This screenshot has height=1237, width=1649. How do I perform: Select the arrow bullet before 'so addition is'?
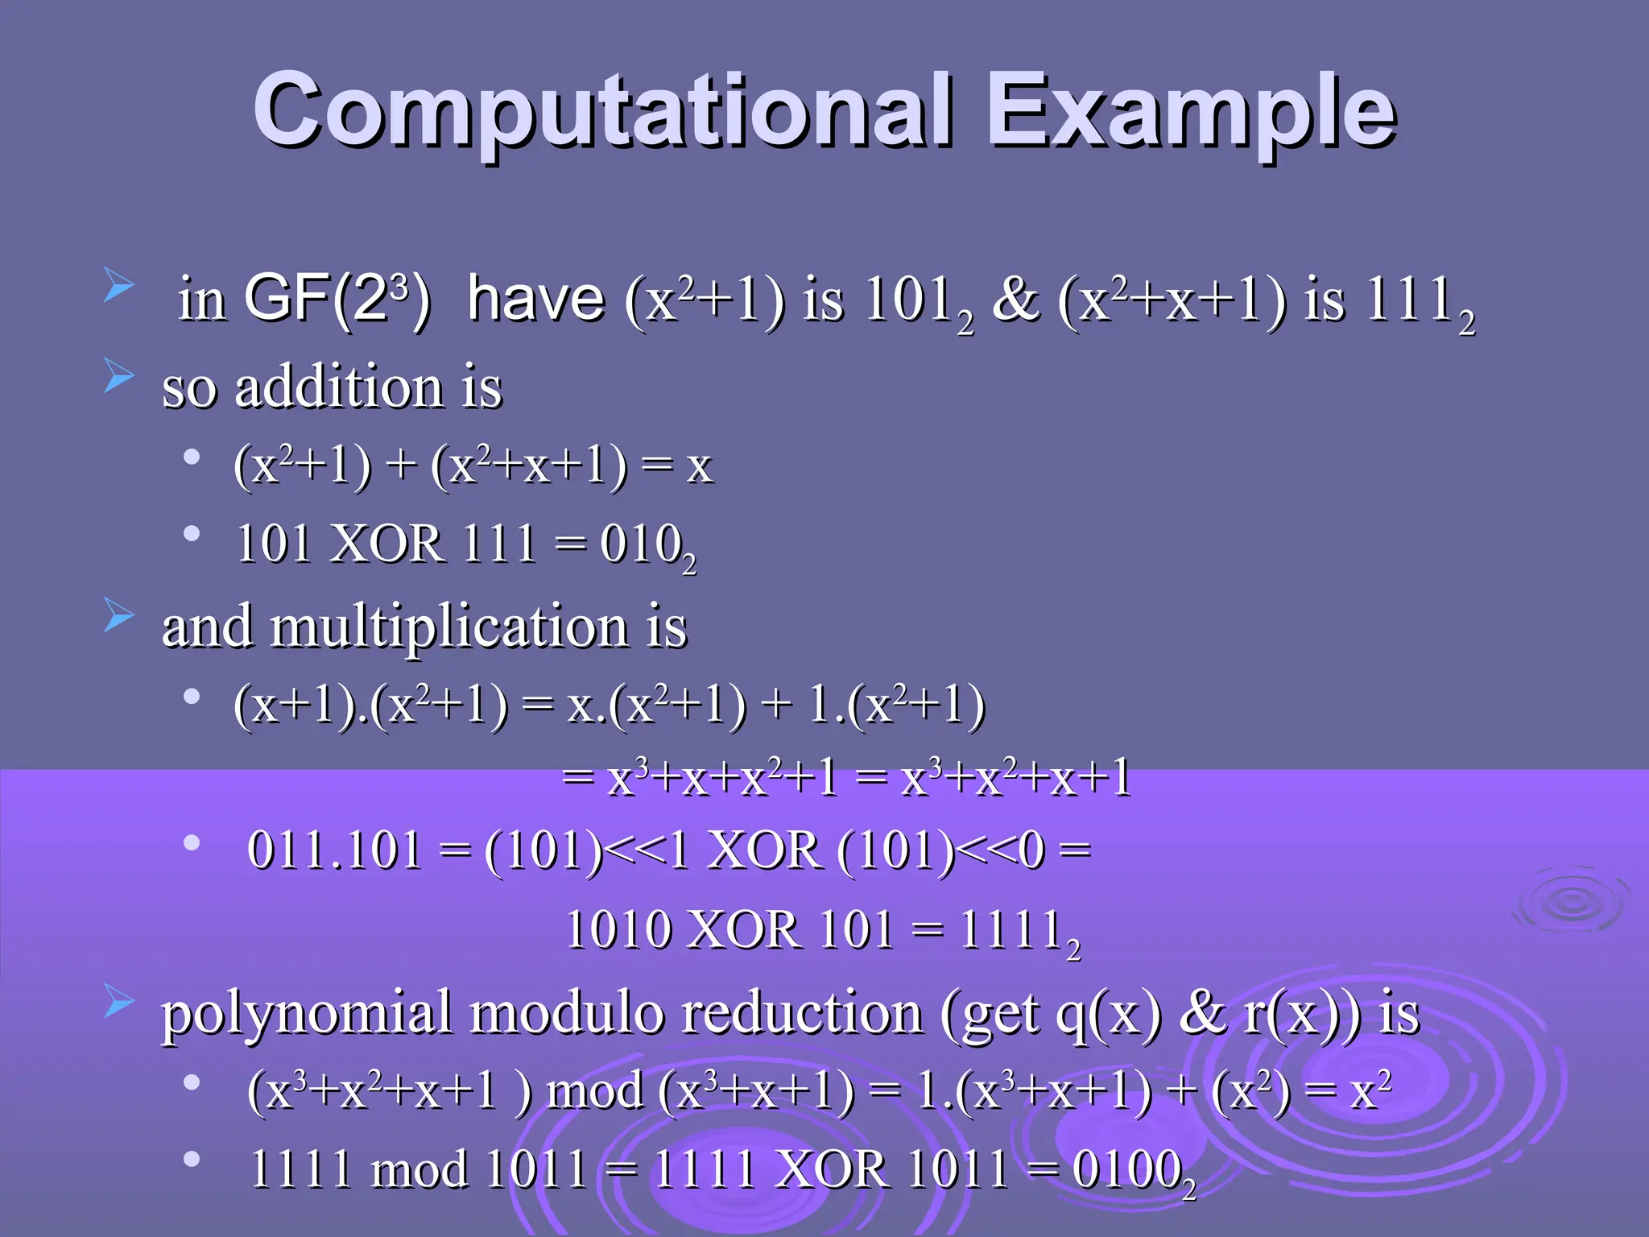(x=118, y=375)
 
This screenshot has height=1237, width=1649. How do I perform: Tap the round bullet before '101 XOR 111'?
(x=192, y=533)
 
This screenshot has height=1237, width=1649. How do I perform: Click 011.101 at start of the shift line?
(x=335, y=850)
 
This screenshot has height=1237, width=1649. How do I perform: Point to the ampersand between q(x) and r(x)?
(x=1201, y=1012)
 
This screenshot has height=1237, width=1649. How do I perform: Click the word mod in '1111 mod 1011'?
(x=419, y=1169)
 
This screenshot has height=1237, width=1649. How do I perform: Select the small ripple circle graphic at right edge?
(x=1570, y=902)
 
